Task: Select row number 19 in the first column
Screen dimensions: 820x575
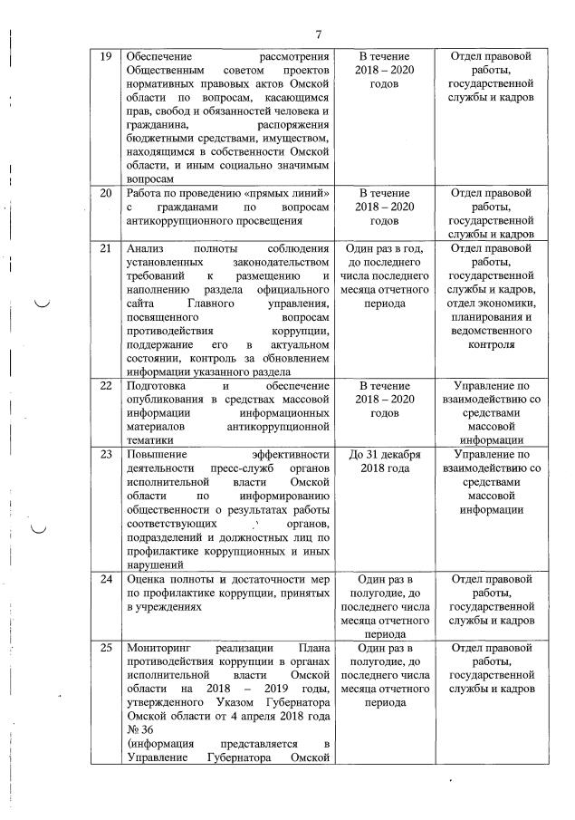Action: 105,56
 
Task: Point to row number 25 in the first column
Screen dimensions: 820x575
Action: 105,648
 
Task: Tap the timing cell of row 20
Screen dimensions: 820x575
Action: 386,207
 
